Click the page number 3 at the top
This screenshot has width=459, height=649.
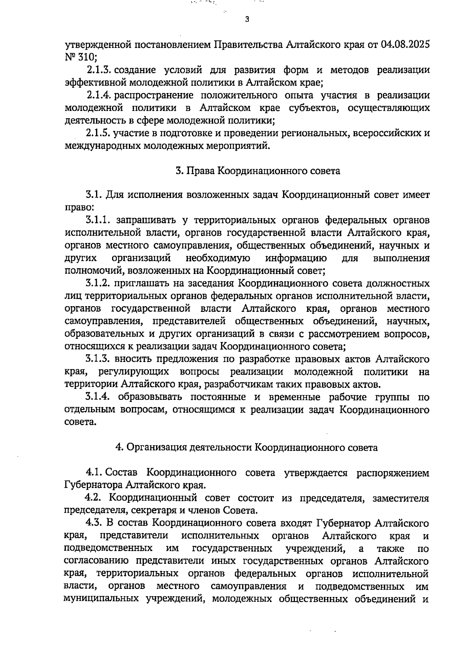[x=247, y=19]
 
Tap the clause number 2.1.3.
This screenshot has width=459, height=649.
[x=99, y=70]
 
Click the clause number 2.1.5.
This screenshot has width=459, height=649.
[x=99, y=133]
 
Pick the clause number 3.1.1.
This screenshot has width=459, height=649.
[x=98, y=220]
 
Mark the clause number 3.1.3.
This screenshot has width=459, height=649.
[x=98, y=359]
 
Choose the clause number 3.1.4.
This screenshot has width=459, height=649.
[x=98, y=397]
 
